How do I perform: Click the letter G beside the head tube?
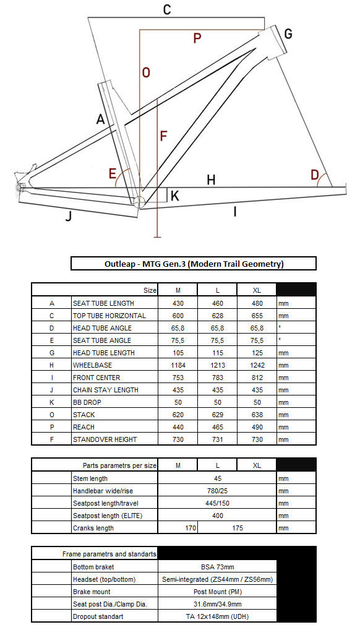288,34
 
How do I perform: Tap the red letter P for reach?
197,38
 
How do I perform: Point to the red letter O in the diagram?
146,72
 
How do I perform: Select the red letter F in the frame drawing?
163,136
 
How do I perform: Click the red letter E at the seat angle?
113,174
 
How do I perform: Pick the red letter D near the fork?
315,175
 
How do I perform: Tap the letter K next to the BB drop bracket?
175,196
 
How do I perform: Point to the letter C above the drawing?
167,10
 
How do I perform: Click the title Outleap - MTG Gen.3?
194,264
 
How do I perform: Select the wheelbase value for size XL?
257,365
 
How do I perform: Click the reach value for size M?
178,427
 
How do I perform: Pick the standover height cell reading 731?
218,439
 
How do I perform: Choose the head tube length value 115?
218,353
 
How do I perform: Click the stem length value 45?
218,478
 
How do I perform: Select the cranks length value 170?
191,528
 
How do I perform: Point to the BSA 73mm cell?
218,567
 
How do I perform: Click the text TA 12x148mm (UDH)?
218,617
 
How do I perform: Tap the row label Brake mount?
92,592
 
